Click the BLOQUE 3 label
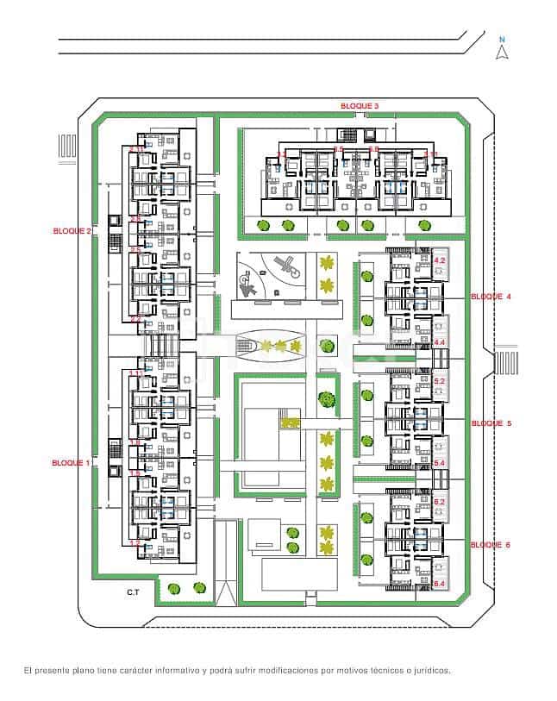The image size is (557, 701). pyautogui.click(x=359, y=105)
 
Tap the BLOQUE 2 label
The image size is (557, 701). pyautogui.click(x=72, y=231)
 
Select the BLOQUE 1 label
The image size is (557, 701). pyautogui.click(x=72, y=463)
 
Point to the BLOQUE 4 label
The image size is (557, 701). pyautogui.click(x=491, y=297)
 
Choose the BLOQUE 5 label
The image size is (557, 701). pyautogui.click(x=491, y=423)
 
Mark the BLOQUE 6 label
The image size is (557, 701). pyautogui.click(x=491, y=545)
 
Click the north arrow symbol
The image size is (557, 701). pyautogui.click(x=502, y=53)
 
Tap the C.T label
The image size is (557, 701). pyautogui.click(x=134, y=592)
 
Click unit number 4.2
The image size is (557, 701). pyautogui.click(x=439, y=260)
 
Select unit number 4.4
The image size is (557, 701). pyautogui.click(x=439, y=342)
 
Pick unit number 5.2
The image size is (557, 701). pyautogui.click(x=439, y=380)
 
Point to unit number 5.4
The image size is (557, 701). pyautogui.click(x=439, y=463)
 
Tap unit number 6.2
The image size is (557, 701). pyautogui.click(x=439, y=502)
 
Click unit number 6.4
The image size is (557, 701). pyautogui.click(x=439, y=585)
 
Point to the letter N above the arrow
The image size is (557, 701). pyautogui.click(x=502, y=39)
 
